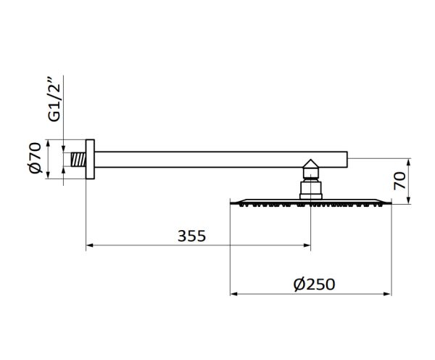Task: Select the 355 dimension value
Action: [192, 236]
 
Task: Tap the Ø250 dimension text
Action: [315, 284]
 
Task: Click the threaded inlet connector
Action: [75, 159]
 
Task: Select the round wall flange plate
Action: [90, 159]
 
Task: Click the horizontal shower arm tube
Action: [217, 159]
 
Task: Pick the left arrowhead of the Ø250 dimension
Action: [233, 294]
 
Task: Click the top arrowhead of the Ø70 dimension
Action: [48, 144]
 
